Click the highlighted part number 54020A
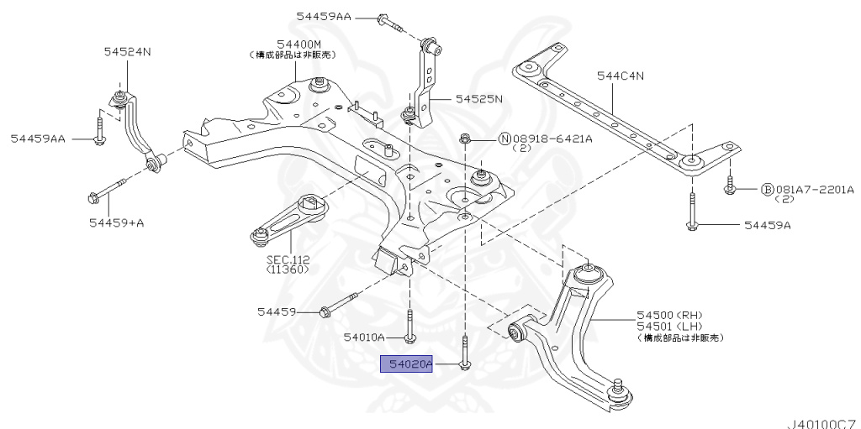(406, 364)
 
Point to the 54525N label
(478, 98)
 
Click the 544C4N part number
(621, 76)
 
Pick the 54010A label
(363, 337)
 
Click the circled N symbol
(505, 139)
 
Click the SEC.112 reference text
(288, 259)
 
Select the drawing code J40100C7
(821, 421)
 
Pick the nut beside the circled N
(465, 138)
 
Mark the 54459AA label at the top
(324, 16)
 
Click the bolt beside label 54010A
(409, 327)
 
